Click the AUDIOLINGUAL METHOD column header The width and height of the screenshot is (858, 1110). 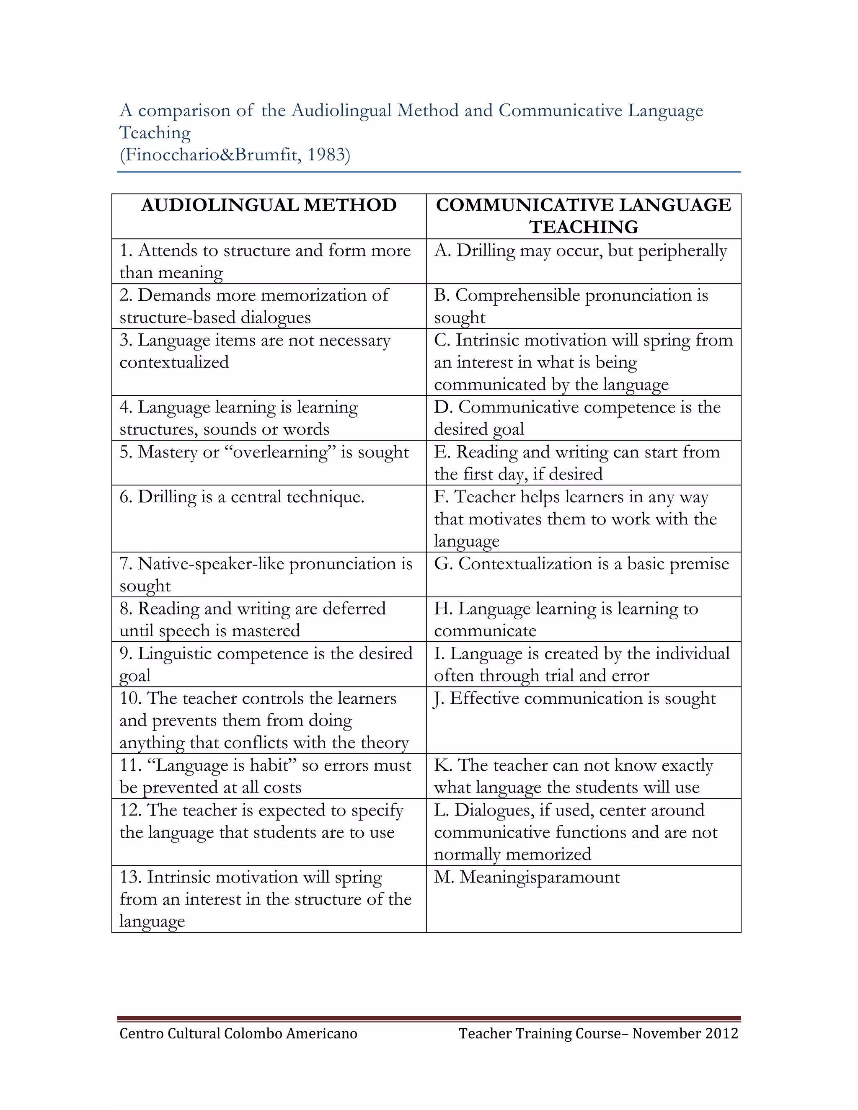[x=269, y=205]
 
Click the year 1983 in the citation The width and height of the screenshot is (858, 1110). [x=325, y=155]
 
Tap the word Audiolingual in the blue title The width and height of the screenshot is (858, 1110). [x=341, y=110]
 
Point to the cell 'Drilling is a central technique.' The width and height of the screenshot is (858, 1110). [x=242, y=496]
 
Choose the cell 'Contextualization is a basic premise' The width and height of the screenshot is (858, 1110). [x=581, y=564]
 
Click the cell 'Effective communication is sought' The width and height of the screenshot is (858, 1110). [x=575, y=698]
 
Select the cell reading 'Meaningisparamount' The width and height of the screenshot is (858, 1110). [x=527, y=877]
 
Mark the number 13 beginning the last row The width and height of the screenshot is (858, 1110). [x=130, y=877]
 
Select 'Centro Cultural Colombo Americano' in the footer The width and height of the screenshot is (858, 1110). [x=238, y=1034]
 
